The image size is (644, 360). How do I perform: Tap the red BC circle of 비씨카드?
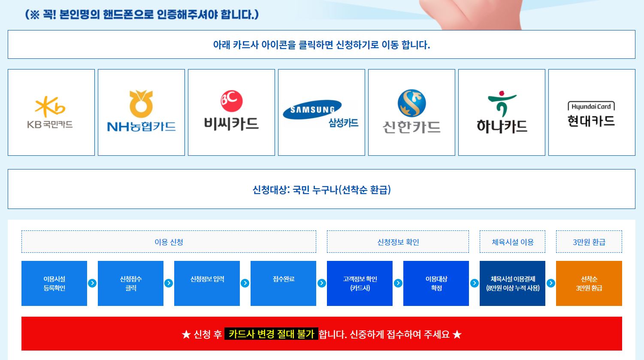(x=232, y=101)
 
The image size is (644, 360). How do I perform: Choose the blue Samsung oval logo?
(x=312, y=109)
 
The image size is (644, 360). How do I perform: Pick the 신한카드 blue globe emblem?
(x=411, y=103)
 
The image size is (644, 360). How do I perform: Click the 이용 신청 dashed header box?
(x=169, y=242)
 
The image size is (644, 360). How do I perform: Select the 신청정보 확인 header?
(x=398, y=242)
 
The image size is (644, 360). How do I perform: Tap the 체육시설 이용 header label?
(x=512, y=242)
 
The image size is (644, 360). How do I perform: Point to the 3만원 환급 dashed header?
(x=589, y=242)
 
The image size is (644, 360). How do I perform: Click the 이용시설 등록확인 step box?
(x=54, y=283)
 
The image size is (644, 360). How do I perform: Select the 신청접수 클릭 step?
(x=130, y=283)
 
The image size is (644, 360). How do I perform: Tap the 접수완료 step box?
(x=283, y=283)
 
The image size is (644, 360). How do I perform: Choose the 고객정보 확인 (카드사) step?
(x=360, y=283)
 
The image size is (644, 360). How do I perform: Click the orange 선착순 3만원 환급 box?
(x=589, y=283)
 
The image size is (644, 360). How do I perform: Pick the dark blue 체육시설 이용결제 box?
(x=512, y=283)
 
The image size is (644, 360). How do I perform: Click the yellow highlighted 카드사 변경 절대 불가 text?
(x=271, y=334)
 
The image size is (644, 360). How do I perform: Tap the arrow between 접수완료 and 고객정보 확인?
(x=321, y=283)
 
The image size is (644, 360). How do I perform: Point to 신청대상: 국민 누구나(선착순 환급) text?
(x=321, y=190)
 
